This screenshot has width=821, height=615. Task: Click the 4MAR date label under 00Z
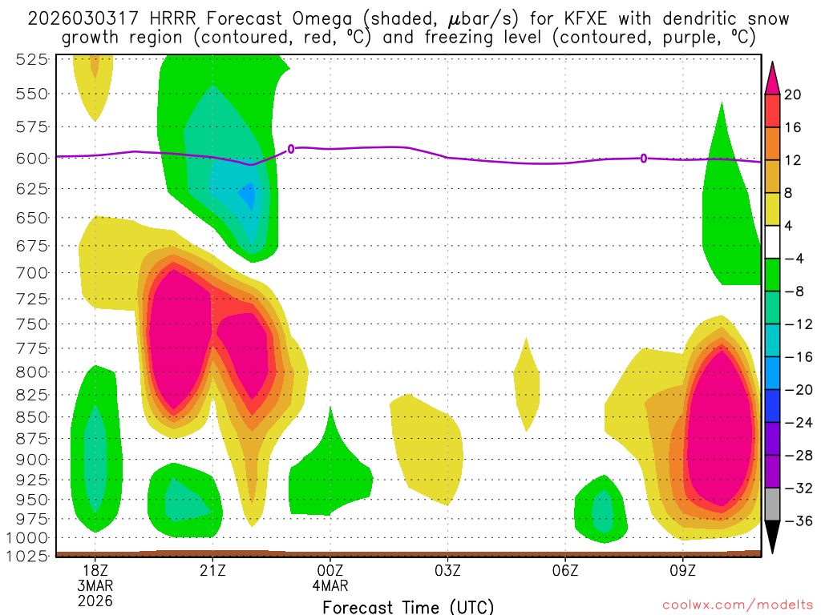(x=331, y=585)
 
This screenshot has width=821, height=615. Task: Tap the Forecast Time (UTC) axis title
(x=408, y=606)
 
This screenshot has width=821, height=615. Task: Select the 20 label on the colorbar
(x=793, y=94)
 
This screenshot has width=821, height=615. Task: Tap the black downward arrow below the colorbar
(x=773, y=537)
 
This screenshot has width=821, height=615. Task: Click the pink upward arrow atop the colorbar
(x=773, y=78)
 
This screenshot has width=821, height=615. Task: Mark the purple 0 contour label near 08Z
(x=644, y=159)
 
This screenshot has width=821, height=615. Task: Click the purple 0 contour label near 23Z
(x=291, y=148)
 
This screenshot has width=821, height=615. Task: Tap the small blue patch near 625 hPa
(x=248, y=195)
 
